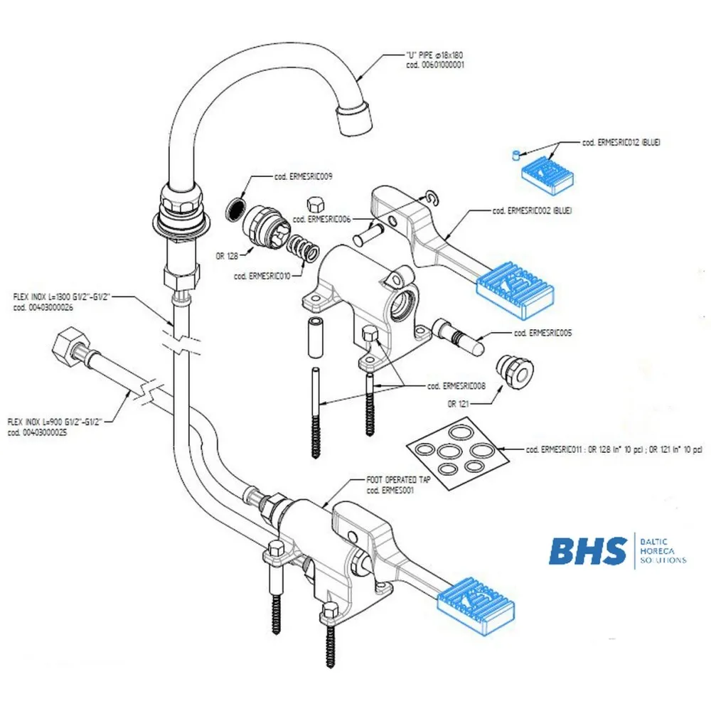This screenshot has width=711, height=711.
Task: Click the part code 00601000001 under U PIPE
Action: pyautogui.click(x=435, y=65)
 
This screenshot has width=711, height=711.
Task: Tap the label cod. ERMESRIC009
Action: pyautogui.click(x=304, y=176)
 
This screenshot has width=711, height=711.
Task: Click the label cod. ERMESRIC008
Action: pyautogui.click(x=456, y=386)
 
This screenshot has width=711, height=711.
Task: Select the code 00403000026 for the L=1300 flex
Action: pyautogui.click(x=43, y=308)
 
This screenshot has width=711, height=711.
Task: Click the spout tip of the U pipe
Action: pyautogui.click(x=355, y=119)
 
